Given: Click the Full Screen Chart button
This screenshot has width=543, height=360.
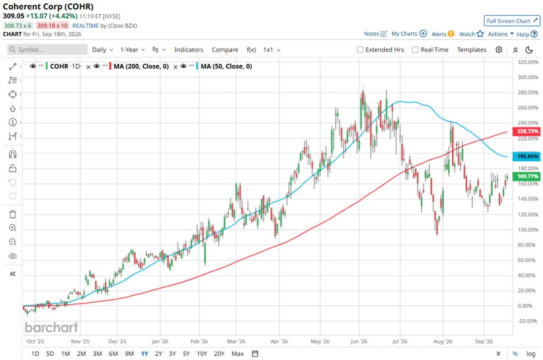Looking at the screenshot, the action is (x=512, y=21).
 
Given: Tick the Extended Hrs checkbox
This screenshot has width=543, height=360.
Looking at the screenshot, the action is (x=360, y=50).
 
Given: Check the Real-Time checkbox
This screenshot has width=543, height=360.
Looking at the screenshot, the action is (x=415, y=50).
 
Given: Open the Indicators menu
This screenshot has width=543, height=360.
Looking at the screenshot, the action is (x=189, y=50).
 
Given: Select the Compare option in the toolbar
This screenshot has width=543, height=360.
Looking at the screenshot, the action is (x=225, y=50).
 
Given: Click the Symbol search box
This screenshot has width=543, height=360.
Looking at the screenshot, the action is (x=47, y=50).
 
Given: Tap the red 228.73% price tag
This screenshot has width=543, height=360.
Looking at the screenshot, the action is (x=527, y=131).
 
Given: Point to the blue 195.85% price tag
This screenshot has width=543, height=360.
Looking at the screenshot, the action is (x=527, y=156).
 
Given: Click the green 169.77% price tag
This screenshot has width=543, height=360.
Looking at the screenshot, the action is (x=527, y=176).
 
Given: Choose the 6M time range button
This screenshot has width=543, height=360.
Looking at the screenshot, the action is (x=113, y=354).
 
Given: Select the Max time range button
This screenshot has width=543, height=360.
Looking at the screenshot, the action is (x=237, y=354).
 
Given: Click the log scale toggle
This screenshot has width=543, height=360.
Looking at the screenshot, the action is (x=530, y=354).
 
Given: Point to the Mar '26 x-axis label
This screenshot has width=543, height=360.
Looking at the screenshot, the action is (x=236, y=342).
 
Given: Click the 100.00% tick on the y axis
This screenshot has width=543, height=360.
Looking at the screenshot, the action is (x=528, y=230).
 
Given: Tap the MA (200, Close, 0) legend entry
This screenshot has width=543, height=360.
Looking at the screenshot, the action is (x=142, y=66).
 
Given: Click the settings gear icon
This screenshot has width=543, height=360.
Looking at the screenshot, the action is (x=499, y=50).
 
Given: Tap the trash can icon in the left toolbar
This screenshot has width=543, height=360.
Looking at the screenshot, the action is (x=13, y=214).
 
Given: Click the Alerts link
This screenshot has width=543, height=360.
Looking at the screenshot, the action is (x=442, y=34).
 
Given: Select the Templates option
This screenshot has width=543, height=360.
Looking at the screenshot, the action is (x=472, y=50).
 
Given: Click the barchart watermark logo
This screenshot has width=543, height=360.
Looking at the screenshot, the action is (x=51, y=328).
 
